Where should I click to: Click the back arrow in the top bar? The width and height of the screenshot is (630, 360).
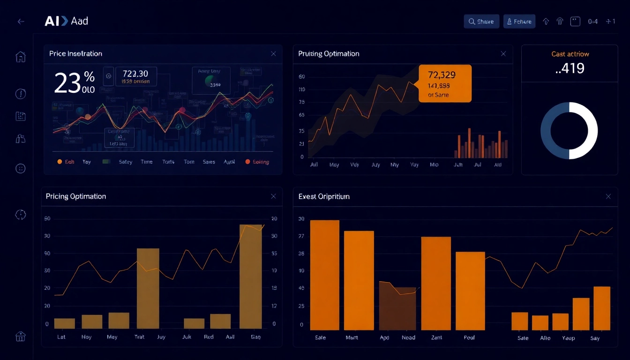point(21,22)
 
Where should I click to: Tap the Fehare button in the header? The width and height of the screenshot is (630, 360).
point(519,22)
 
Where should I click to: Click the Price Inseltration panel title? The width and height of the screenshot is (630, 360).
point(75,54)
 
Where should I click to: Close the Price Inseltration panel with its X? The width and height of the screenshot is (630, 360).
point(273,54)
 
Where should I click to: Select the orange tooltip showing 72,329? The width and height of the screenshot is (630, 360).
point(444,83)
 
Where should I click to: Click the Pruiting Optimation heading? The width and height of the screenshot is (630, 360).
point(329,54)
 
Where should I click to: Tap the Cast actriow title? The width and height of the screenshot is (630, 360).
point(570,54)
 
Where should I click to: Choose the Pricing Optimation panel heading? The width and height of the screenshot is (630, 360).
point(76,196)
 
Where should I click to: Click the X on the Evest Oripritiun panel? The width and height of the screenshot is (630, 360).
point(608,196)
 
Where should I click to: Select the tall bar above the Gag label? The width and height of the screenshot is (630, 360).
point(251,277)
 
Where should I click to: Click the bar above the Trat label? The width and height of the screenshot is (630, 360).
point(148,288)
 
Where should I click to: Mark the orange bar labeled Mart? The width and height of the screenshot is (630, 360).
point(359,280)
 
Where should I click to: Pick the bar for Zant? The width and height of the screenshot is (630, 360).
point(435,283)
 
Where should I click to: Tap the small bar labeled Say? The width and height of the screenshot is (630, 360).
point(602,308)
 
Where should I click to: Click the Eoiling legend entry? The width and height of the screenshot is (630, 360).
point(257,162)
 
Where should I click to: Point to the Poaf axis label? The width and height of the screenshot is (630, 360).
point(469,337)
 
